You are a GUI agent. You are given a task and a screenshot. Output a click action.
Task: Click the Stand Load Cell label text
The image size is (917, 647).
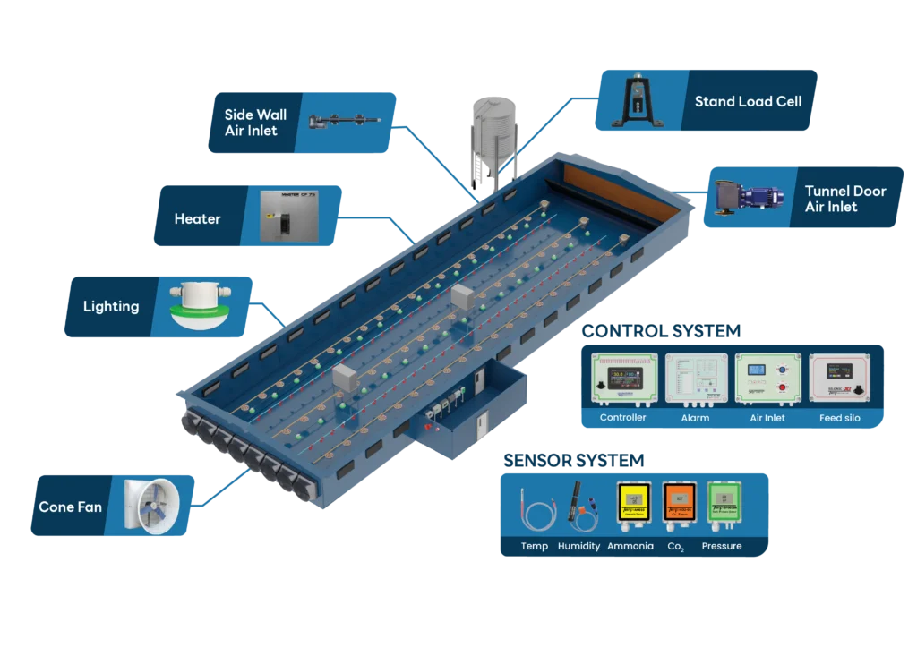[x=748, y=101]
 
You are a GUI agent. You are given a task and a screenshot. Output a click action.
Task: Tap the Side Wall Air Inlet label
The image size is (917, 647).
[x=255, y=123]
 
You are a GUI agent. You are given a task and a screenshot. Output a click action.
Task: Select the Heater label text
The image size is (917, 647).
[x=197, y=218]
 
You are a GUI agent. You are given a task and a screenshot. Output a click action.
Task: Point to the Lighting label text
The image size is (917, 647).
[x=111, y=306]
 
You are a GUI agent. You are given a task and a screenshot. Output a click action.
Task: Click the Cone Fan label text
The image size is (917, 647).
[x=70, y=507]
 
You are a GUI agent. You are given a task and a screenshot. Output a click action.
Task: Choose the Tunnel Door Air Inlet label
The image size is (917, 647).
[x=844, y=199]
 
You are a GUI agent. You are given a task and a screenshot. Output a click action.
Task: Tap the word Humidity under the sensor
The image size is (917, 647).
[x=578, y=546]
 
